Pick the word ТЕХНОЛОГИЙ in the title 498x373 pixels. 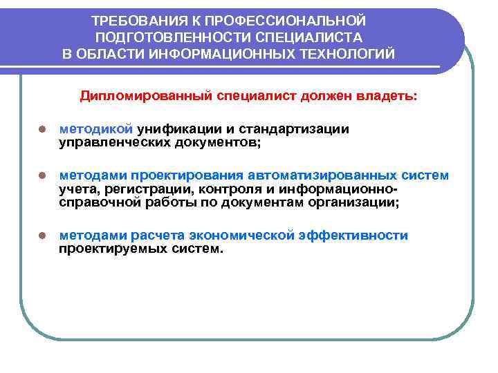coord(353,54)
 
